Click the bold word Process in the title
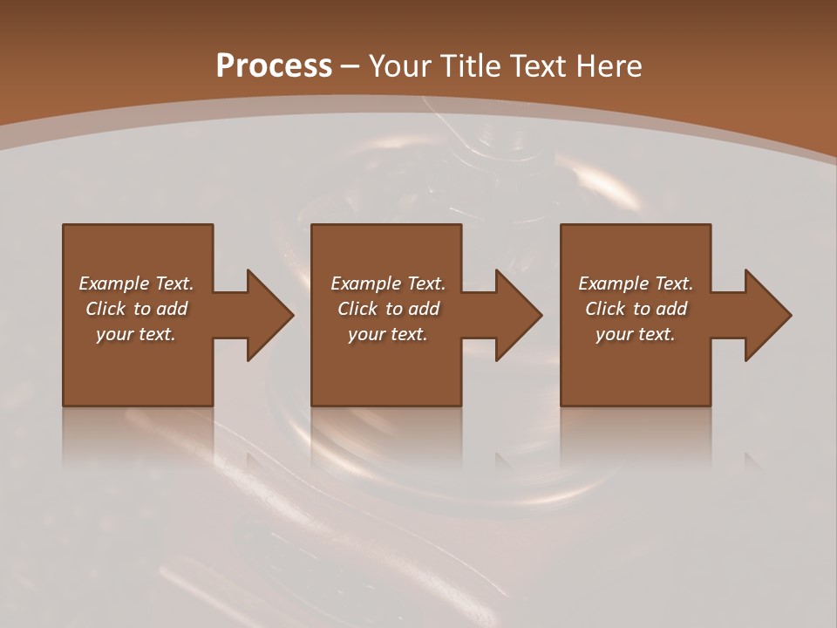click(x=274, y=66)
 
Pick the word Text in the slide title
click(x=534, y=66)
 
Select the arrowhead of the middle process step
click(x=518, y=315)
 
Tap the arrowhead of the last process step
click(x=767, y=315)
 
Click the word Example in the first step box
click(x=114, y=283)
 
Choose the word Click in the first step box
click(x=105, y=309)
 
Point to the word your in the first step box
click(x=114, y=334)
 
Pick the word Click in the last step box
click(x=605, y=309)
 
